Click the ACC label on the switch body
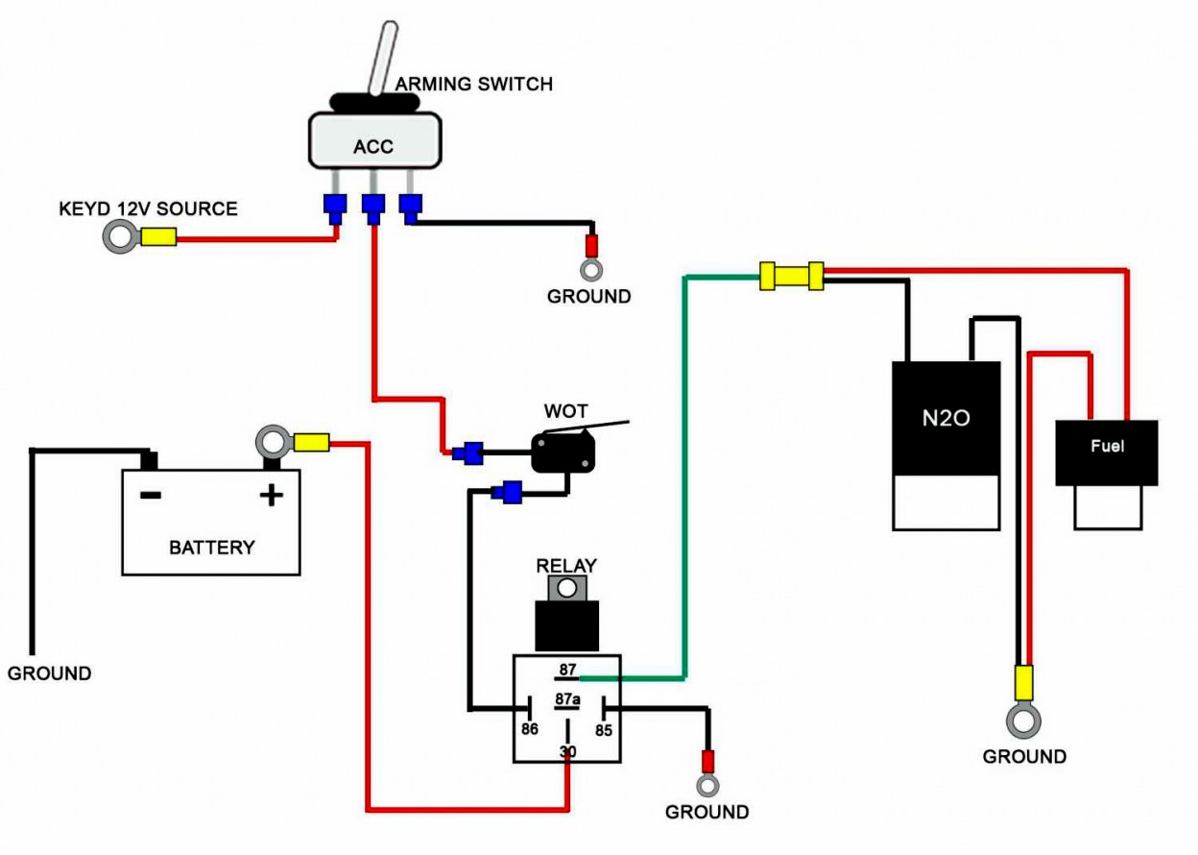[373, 146]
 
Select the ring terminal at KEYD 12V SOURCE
[120, 236]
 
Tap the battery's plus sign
[272, 495]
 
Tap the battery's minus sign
[150, 495]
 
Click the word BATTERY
[211, 548]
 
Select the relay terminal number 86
[529, 730]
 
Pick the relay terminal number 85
[604, 730]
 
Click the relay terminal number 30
[567, 751]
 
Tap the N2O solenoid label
[946, 419]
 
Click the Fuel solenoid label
[1106, 447]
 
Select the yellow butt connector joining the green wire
[791, 276]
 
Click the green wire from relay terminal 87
[683, 480]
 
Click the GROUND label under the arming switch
[588, 297]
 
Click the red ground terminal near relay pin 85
[707, 762]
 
